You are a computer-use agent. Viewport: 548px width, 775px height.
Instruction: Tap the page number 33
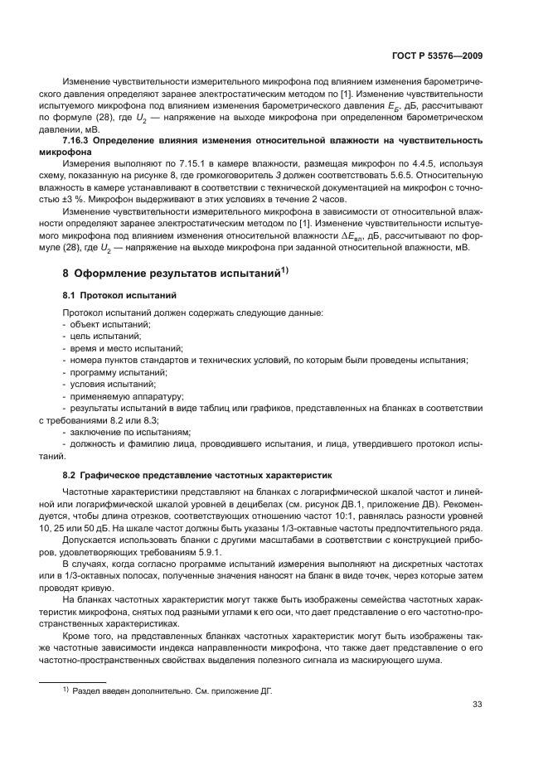pyautogui.click(x=478, y=705)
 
